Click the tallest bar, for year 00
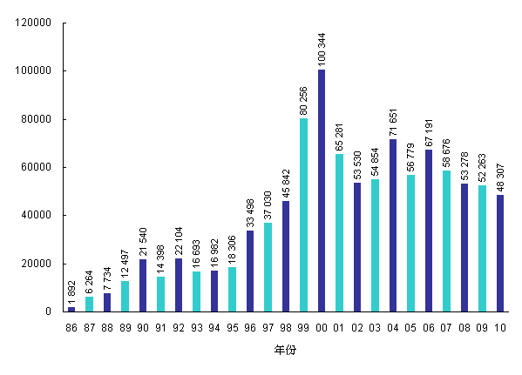[322, 191]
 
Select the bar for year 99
[303, 215]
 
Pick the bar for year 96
[250, 271]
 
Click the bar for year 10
[500, 253]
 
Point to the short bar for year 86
[71, 309]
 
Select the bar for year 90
[143, 285]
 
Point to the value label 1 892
[71, 292]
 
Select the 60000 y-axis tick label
[42, 167]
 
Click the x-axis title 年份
[285, 350]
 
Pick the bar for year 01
[339, 232]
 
